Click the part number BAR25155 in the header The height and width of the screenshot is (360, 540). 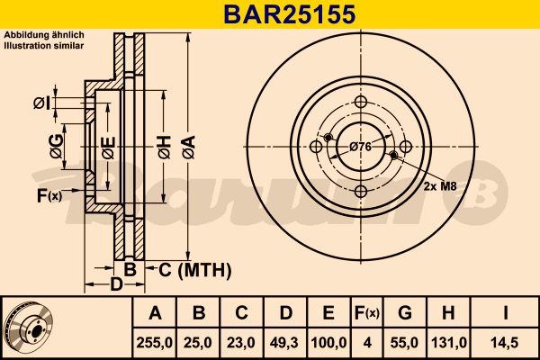pos(289,14)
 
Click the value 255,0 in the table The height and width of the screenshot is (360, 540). pos(154,343)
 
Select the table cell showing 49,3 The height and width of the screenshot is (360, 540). pos(284,343)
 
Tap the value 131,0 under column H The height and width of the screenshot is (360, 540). pos(449,343)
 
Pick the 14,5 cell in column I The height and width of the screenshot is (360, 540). pos(505,343)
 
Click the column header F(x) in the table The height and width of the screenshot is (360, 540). pos(367,313)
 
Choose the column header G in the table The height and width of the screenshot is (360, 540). pos(405,313)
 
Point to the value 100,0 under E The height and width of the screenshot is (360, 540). pos(328,343)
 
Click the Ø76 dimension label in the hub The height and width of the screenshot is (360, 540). pos(361,147)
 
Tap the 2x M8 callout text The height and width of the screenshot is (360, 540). pos(440,186)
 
